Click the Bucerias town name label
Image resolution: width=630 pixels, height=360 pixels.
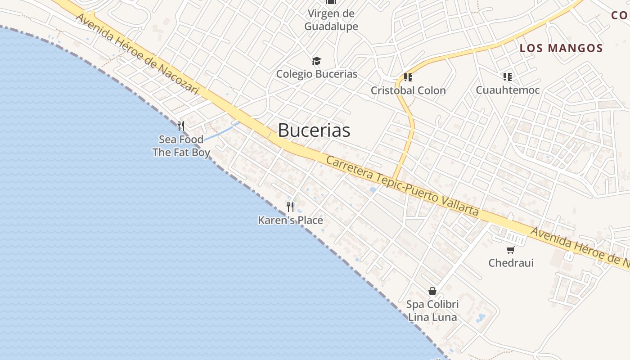click(314, 130)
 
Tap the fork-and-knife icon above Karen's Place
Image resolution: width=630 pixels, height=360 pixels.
click(290, 207)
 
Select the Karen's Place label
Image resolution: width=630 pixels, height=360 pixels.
click(290, 220)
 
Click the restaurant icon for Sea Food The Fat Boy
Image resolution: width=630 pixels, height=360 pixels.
click(181, 126)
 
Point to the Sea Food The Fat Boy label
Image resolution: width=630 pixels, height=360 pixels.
click(181, 146)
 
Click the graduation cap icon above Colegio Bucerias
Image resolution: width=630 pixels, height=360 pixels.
click(317, 61)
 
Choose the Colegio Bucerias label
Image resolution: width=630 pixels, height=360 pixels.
click(317, 74)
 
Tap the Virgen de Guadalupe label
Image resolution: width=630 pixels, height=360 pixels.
click(331, 20)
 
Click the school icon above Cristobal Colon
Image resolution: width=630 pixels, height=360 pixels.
click(408, 77)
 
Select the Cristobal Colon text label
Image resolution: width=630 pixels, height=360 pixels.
click(408, 90)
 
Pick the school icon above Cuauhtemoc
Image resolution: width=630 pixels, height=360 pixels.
click(508, 77)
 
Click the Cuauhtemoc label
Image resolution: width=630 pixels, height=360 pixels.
click(508, 90)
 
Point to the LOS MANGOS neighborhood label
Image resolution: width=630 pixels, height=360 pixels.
click(561, 48)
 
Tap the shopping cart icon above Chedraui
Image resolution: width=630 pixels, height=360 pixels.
click(510, 250)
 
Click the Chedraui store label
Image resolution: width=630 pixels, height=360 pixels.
click(511, 262)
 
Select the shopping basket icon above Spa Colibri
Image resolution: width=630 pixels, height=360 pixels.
click(432, 291)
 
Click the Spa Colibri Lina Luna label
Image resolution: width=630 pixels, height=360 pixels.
click(432, 310)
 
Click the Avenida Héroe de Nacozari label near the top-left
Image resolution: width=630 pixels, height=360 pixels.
click(137, 54)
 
